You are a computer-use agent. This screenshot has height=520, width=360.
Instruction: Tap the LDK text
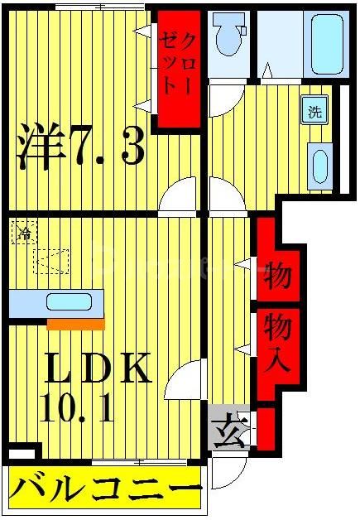coord(97,369)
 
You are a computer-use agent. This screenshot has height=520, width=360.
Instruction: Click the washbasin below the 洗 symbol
coord(319,164)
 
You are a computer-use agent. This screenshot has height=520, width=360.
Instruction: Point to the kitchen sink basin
coord(70,302)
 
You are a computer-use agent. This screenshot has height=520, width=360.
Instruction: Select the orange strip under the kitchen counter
coord(74,324)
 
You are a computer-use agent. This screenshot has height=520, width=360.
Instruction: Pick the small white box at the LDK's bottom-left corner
coord(22,454)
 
